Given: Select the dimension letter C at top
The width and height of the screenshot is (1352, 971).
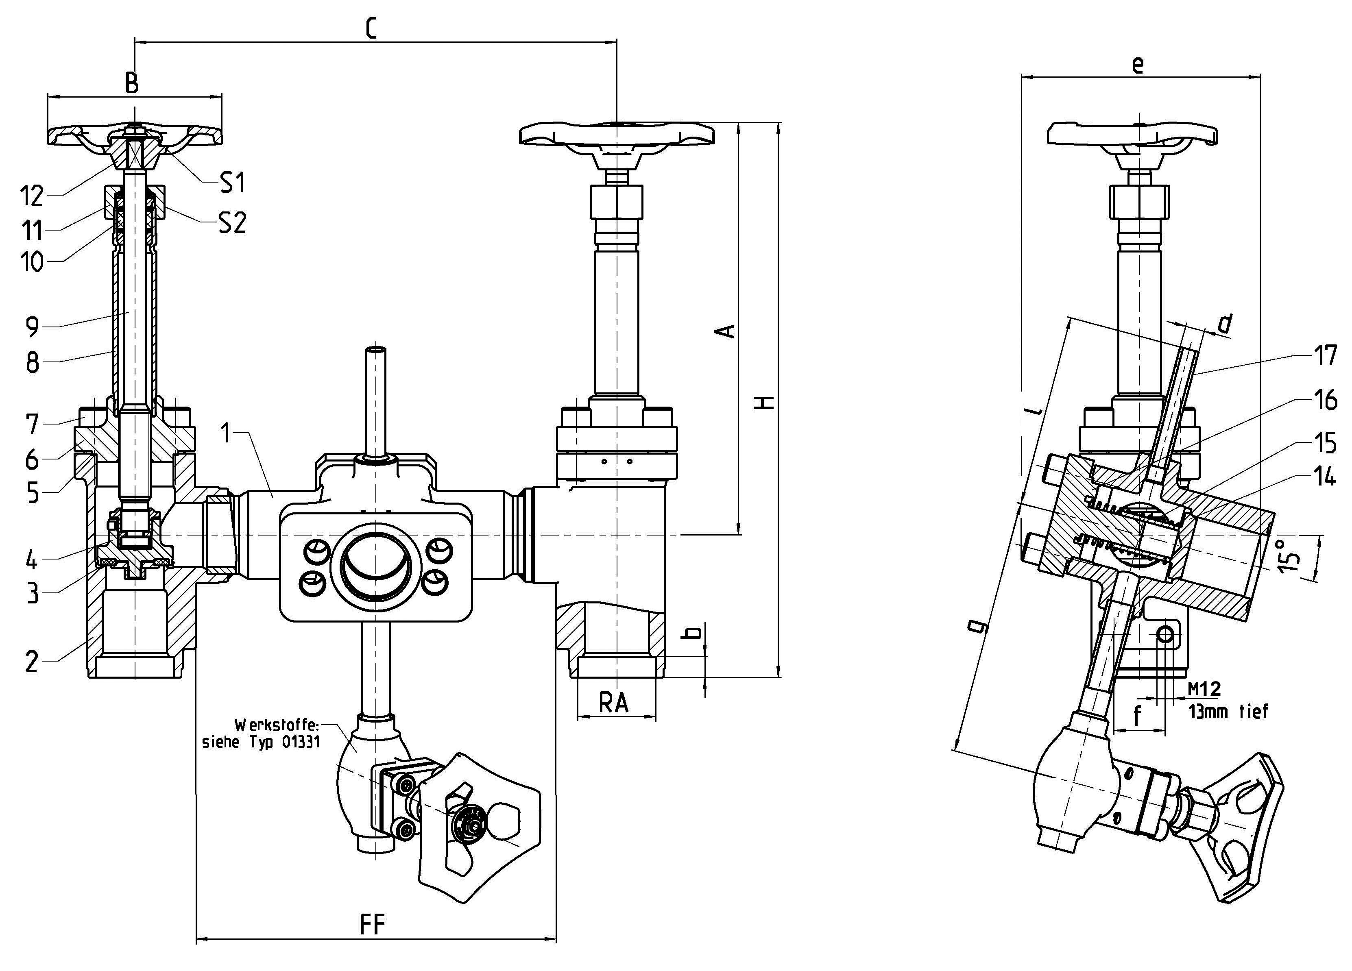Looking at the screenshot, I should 371,28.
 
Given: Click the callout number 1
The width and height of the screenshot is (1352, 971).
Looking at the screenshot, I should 225,433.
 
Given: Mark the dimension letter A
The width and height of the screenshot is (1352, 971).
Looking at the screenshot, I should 726,331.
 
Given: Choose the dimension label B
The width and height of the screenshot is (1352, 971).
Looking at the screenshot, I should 132,83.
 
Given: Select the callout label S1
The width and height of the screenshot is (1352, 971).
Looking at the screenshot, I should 233,183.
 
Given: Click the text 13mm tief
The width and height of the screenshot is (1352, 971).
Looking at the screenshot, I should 1228,712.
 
